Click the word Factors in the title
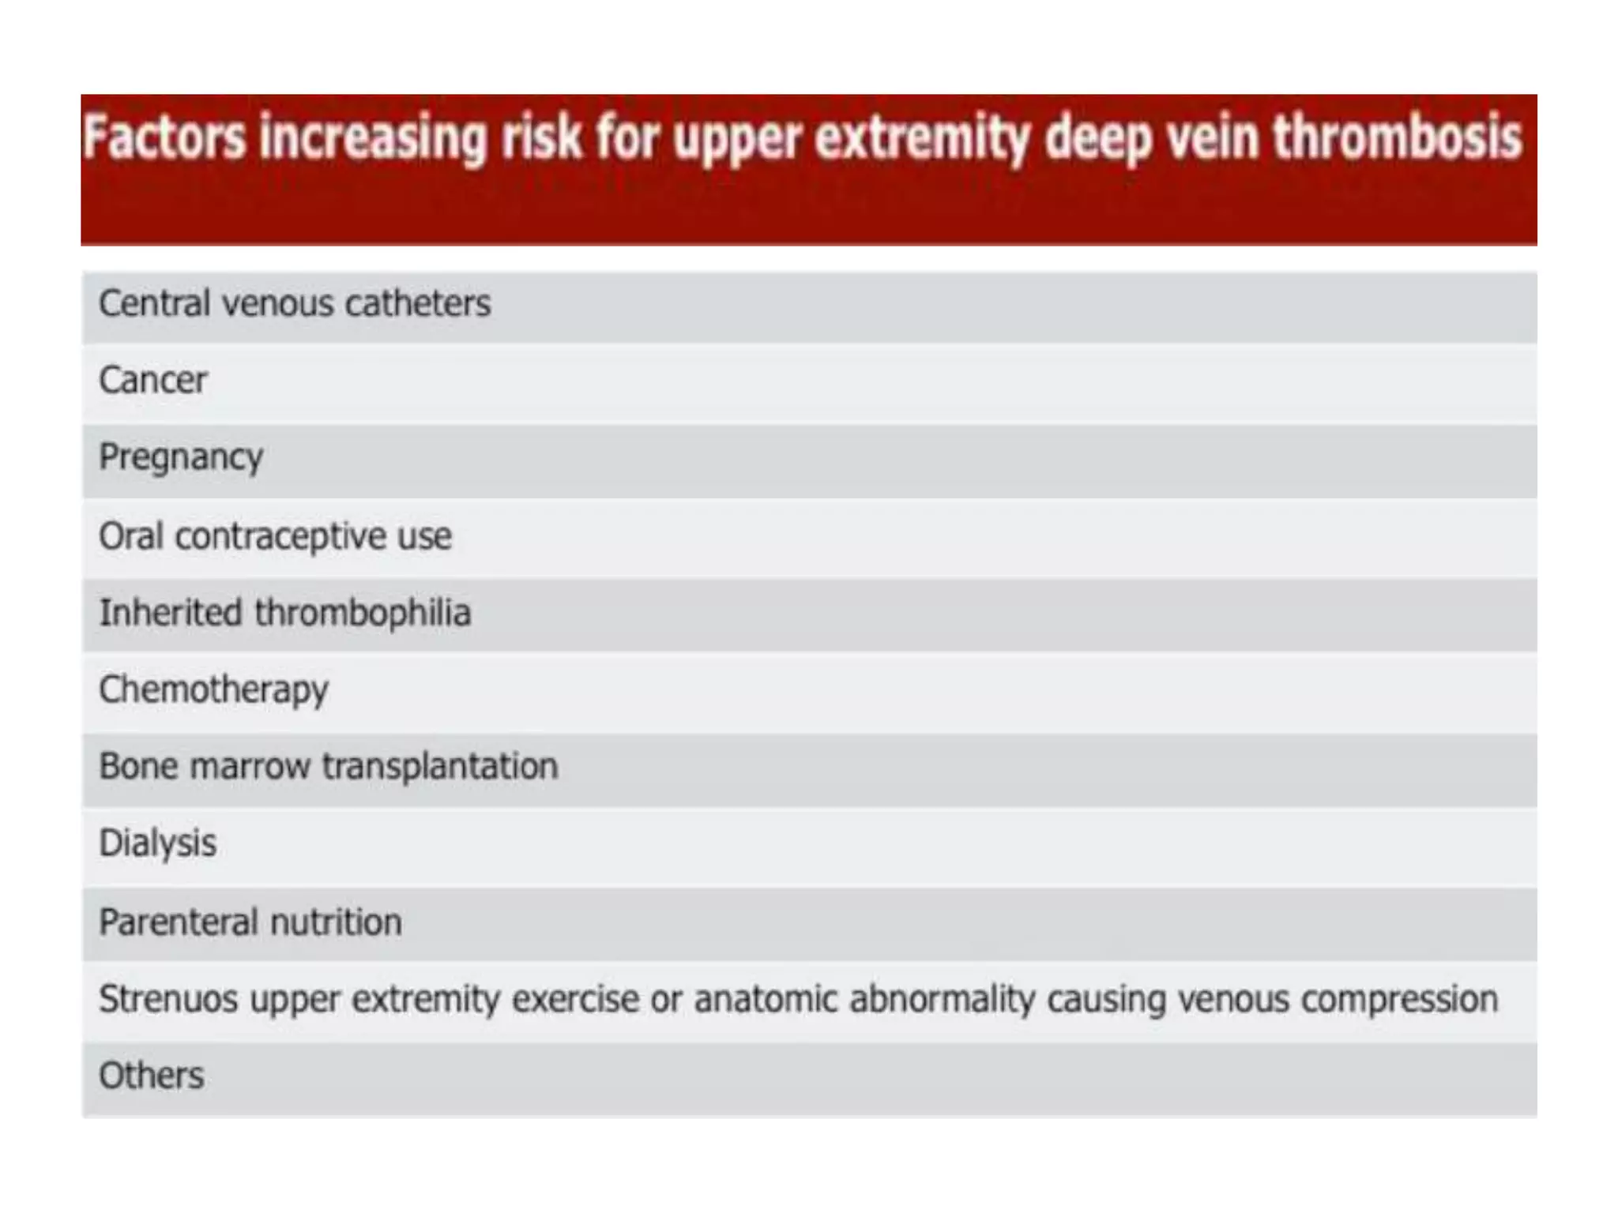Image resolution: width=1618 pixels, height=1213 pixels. pyautogui.click(x=164, y=138)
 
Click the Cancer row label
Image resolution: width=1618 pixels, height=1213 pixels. pyautogui.click(x=153, y=381)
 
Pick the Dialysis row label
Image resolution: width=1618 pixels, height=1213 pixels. pyautogui.click(x=157, y=843)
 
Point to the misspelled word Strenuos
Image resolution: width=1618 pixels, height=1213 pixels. pyautogui.click(x=168, y=999)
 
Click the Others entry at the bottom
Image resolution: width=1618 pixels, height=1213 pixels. pyautogui.click(x=151, y=1076)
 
